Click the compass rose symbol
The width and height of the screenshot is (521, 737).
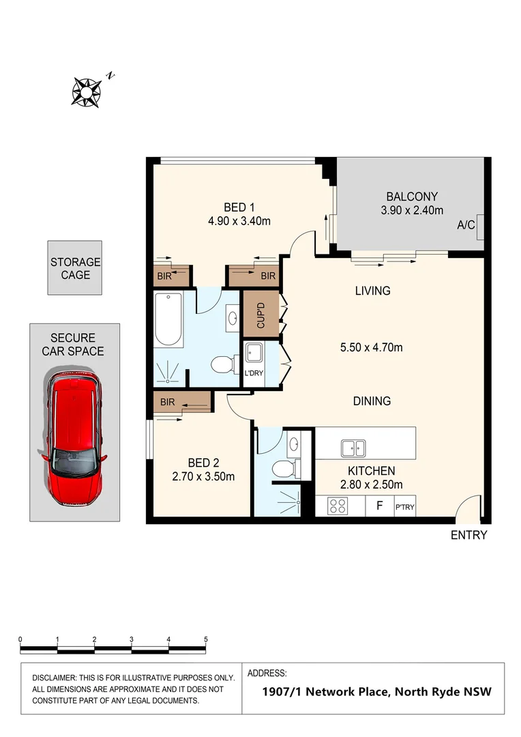[x=87, y=91]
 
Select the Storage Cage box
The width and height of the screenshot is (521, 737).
[x=75, y=268]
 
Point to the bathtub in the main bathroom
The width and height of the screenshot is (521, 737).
[x=168, y=319]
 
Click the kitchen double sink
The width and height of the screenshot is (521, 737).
[x=353, y=448]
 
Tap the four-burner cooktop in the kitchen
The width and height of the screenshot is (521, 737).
[x=338, y=506]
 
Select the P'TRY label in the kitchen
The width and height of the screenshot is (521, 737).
[x=404, y=507]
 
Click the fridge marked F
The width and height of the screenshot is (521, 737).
[x=379, y=506]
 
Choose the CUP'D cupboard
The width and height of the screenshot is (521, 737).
[x=261, y=315]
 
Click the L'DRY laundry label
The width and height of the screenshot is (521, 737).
[x=254, y=374]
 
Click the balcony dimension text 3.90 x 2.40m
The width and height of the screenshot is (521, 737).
[x=412, y=210]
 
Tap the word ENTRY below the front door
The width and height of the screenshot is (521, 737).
[x=468, y=535]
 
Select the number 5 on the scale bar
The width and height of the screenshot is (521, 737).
[x=206, y=639]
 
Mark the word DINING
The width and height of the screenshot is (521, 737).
[x=372, y=401]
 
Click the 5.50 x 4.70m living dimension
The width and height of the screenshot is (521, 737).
[x=372, y=347]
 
